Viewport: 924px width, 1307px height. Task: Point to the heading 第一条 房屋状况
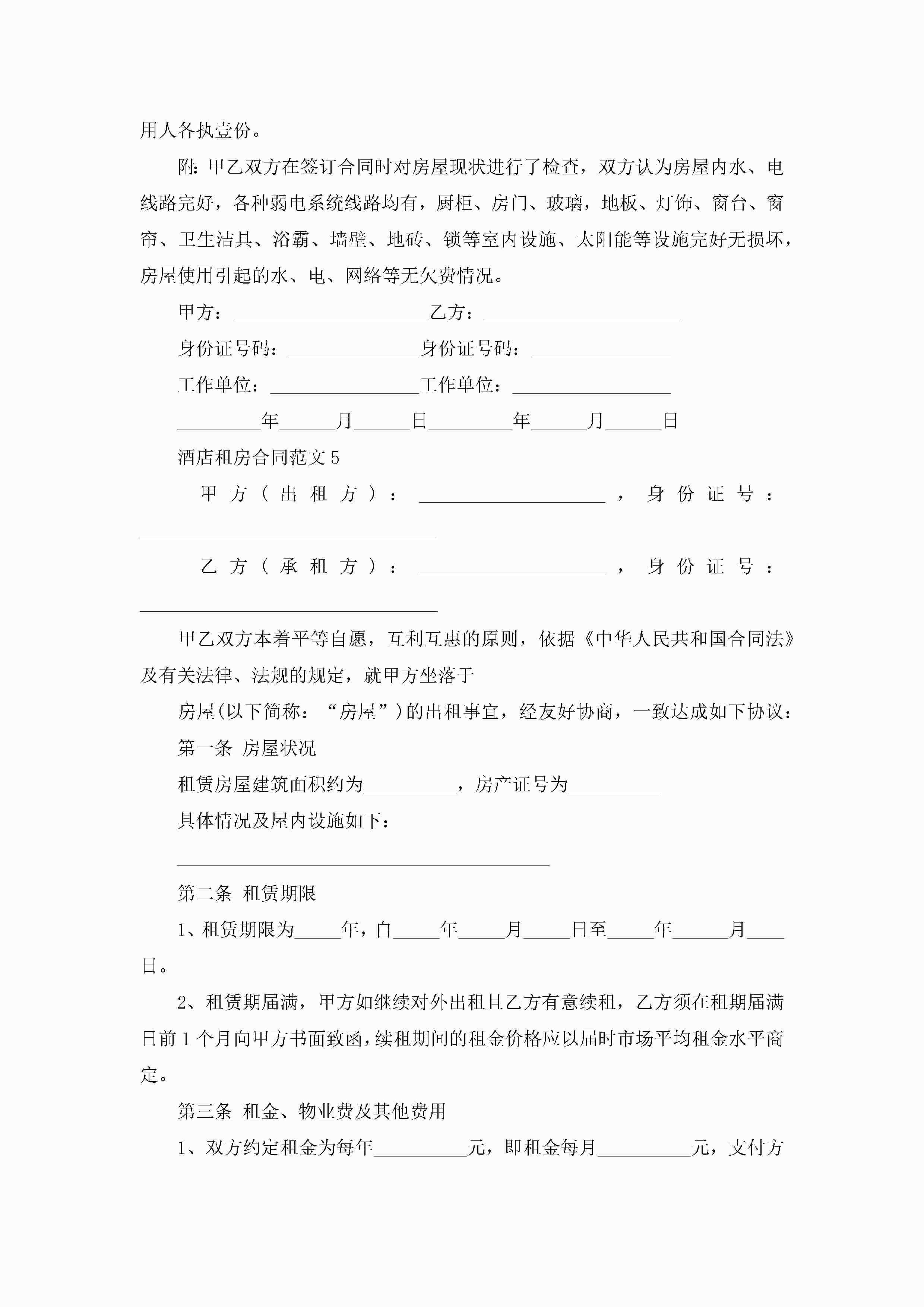(x=247, y=748)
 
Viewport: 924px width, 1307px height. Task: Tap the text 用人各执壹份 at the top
(x=196, y=130)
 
